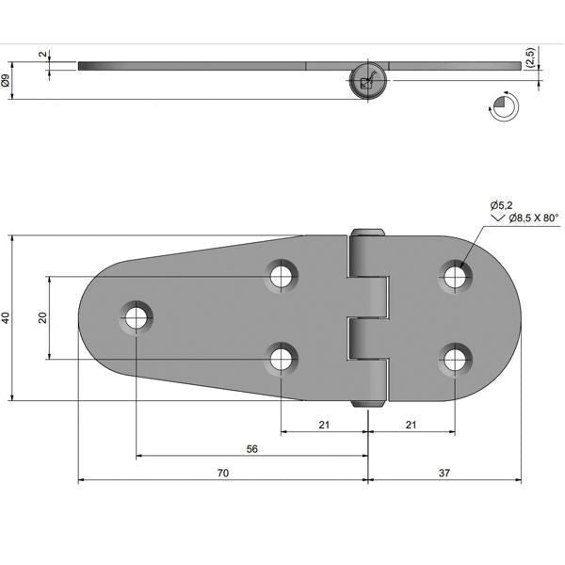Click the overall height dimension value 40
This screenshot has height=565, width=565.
[x=7, y=318]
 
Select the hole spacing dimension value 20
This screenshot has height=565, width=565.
[x=41, y=317]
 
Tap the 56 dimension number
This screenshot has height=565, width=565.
[x=251, y=449]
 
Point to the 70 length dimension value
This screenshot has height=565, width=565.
[x=222, y=473]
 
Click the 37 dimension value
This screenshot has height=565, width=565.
[x=444, y=473]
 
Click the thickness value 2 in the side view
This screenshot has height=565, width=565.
[x=41, y=56]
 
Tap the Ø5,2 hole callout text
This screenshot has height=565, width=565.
[x=503, y=205]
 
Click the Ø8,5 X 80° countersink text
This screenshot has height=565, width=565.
[x=533, y=218]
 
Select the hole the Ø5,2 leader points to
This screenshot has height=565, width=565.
[x=456, y=276]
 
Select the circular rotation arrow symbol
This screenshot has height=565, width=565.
[x=502, y=106]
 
